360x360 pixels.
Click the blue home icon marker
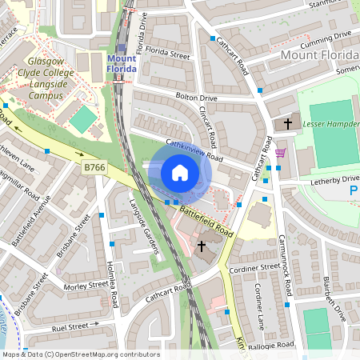180,172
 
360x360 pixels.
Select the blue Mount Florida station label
121,63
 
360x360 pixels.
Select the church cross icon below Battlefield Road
202,245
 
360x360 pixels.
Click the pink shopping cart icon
279,152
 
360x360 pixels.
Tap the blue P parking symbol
354,192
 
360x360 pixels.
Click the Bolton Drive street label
196,98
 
